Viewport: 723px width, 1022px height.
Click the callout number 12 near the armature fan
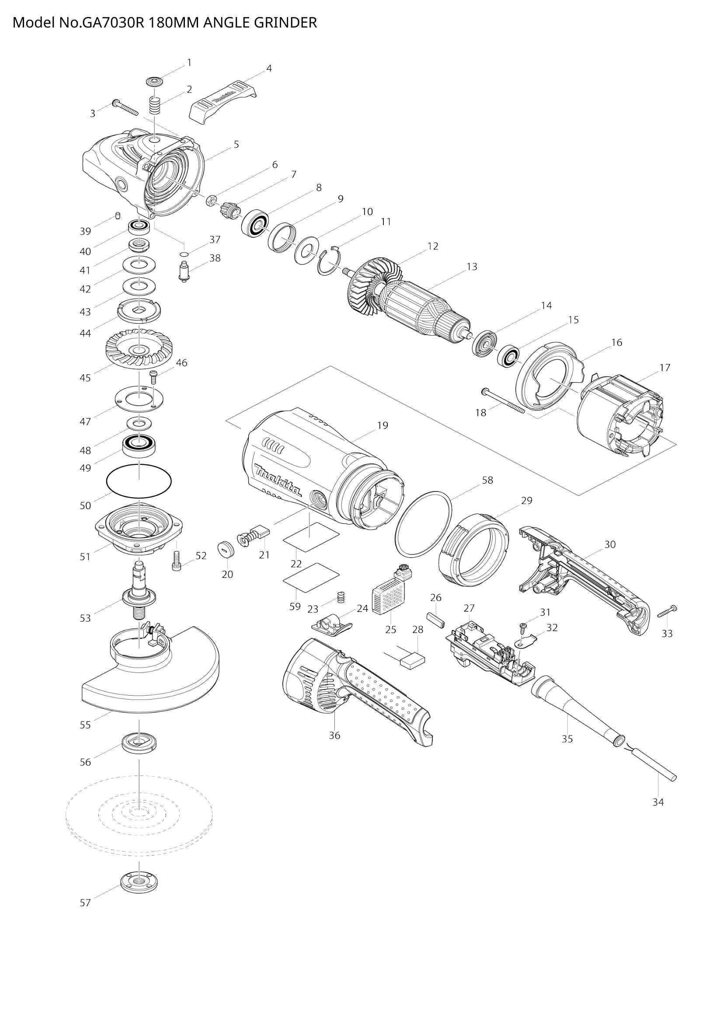432,246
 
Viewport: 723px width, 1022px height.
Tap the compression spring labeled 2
154,106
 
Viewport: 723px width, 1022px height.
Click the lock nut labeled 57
139,881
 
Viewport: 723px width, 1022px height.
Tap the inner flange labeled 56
139,742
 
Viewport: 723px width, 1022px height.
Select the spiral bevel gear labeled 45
139,349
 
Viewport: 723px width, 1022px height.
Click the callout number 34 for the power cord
658,802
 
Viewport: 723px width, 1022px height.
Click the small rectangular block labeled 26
436,619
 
